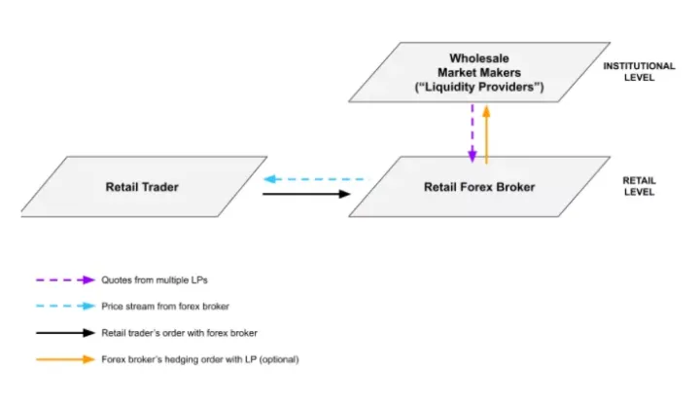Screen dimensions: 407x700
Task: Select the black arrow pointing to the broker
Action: [305, 194]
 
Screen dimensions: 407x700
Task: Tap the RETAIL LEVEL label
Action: [639, 186]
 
